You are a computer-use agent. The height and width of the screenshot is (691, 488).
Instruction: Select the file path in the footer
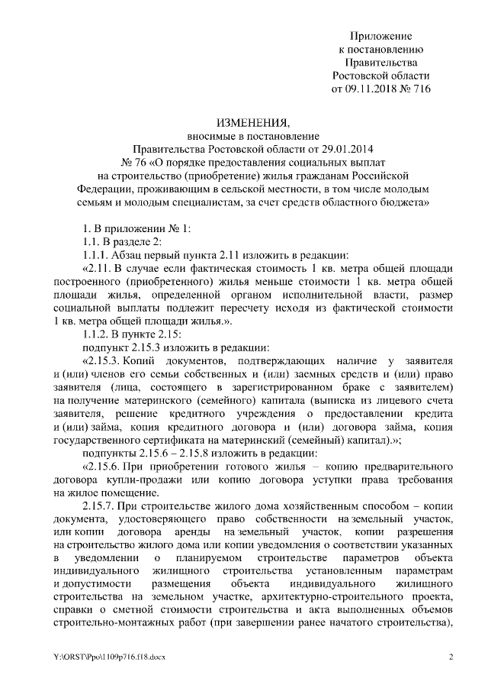115,657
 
